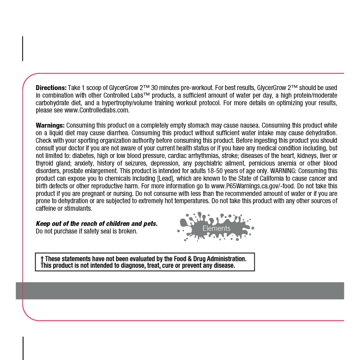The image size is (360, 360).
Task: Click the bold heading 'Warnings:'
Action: click(x=50, y=126)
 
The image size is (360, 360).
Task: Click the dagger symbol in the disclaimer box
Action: click(x=42, y=259)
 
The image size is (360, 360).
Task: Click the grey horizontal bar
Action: click(x=180, y=291)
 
